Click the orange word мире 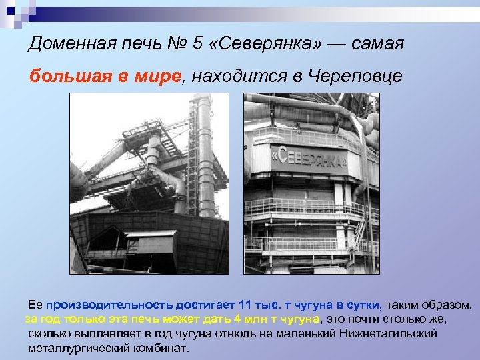coord(159,76)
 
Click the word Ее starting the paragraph coord(35,305)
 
